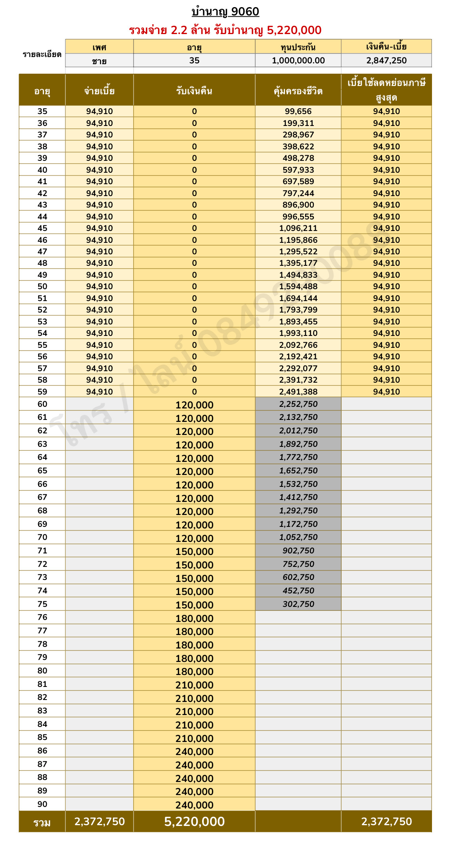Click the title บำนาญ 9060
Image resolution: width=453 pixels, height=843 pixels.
click(x=225, y=12)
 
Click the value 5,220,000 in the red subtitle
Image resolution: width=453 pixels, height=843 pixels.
click(x=294, y=30)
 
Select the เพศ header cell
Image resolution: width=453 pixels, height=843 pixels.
click(x=99, y=47)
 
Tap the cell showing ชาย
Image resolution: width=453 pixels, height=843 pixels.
click(x=99, y=61)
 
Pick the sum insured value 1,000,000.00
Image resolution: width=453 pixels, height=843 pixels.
click(x=298, y=61)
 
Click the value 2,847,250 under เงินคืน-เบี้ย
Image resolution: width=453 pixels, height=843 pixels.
click(x=386, y=61)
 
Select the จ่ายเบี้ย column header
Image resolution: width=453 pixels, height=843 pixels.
click(x=99, y=91)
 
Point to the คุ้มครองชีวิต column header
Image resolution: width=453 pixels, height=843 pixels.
click(x=298, y=91)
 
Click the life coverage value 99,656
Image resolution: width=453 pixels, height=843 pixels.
click(x=298, y=111)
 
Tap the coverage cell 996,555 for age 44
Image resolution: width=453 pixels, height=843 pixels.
click(x=298, y=217)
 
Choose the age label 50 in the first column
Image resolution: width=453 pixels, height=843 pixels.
click(x=42, y=286)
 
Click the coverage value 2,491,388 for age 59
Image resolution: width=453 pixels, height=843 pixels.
click(x=298, y=392)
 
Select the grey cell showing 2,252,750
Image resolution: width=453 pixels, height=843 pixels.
click(x=298, y=404)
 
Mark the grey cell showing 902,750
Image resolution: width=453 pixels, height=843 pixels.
click(x=298, y=551)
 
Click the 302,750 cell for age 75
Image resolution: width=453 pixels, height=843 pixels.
click(x=298, y=604)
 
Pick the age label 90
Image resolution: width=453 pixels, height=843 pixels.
click(x=42, y=804)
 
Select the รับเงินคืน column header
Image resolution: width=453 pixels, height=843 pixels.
click(x=194, y=91)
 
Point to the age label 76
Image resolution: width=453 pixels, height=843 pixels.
click(x=42, y=617)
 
